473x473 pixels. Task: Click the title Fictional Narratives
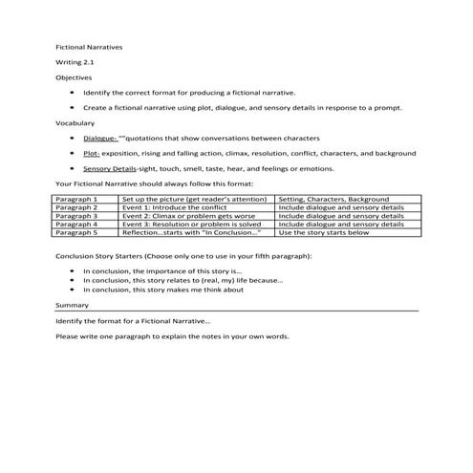coord(82,45)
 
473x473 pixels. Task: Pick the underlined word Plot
coord(92,153)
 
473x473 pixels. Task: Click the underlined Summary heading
coord(72,304)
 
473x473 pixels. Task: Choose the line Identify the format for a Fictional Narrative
coord(134,320)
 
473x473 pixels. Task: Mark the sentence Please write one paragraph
coord(172,336)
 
